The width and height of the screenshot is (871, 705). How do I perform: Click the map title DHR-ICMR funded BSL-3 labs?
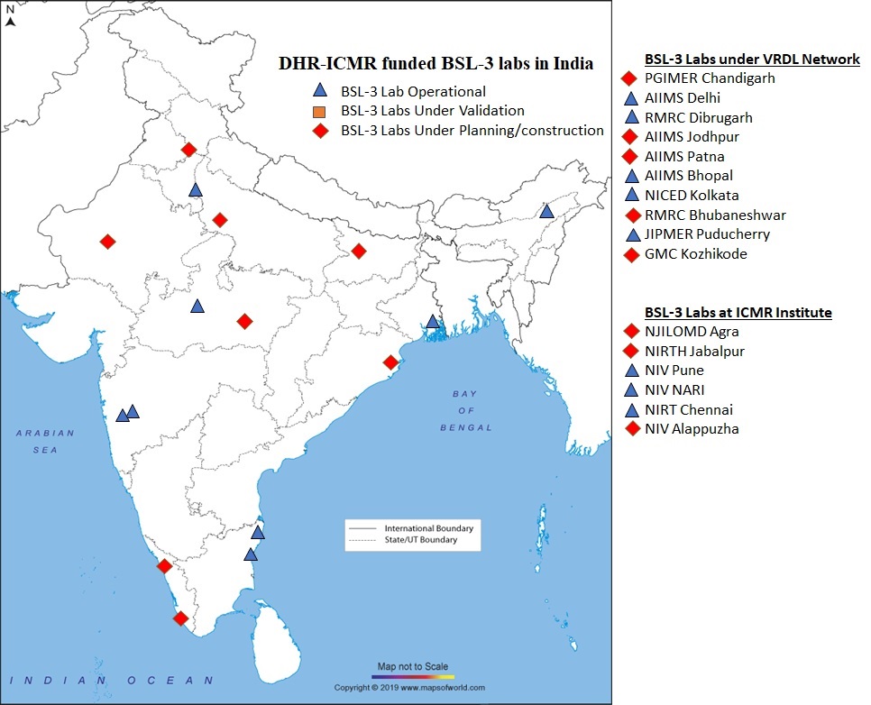click(435, 63)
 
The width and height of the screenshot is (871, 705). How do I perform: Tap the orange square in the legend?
click(318, 111)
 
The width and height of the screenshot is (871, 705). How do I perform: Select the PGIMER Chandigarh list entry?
click(710, 78)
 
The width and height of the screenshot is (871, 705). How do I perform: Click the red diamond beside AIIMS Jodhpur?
click(632, 136)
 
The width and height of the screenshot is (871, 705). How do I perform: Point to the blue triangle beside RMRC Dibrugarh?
click(632, 117)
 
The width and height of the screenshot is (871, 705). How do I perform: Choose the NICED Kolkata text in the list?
click(692, 195)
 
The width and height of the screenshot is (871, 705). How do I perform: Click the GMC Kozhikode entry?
click(695, 254)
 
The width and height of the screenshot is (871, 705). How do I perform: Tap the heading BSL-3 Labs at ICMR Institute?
click(738, 312)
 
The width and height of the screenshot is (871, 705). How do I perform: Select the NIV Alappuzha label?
click(692, 429)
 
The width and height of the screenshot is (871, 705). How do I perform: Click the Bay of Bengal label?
click(465, 410)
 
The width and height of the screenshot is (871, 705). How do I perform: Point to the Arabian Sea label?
click(44, 441)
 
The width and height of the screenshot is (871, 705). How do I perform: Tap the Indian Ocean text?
click(118, 681)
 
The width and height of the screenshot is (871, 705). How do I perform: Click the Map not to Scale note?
click(412, 665)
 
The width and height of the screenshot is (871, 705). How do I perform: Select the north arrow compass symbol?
click(10, 16)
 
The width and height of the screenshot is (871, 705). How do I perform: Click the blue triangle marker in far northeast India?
click(546, 211)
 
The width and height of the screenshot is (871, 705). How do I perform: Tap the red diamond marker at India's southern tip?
click(180, 618)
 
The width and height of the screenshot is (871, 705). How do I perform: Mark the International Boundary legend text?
click(428, 527)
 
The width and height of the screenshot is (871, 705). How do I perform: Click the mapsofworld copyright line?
click(409, 687)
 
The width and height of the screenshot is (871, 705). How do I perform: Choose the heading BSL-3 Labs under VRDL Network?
click(752, 60)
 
